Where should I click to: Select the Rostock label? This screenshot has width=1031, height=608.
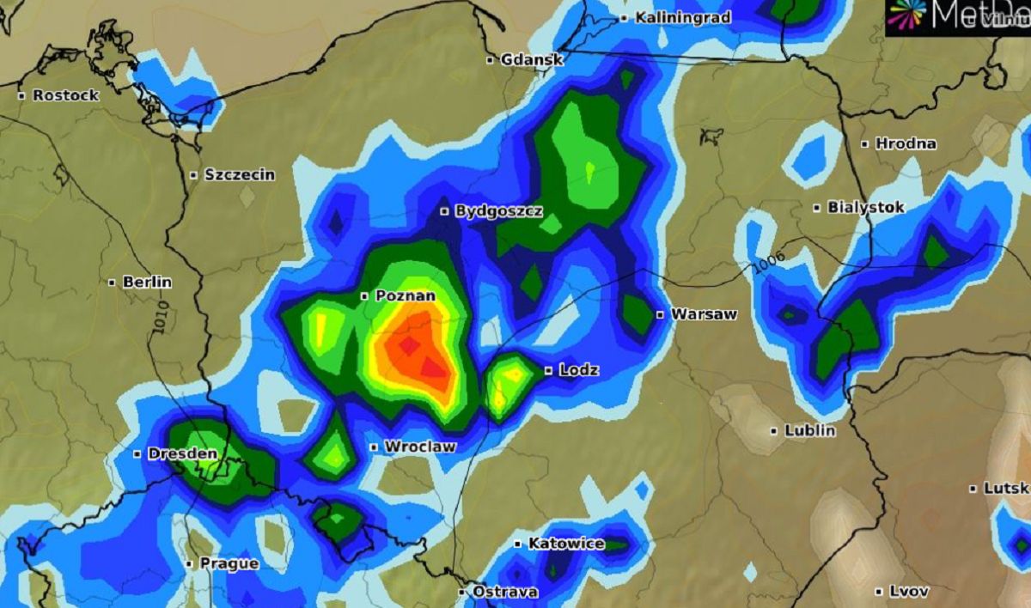(65, 95)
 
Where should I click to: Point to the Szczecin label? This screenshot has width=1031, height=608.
(239, 175)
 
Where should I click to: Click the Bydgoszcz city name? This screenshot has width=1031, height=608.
(498, 211)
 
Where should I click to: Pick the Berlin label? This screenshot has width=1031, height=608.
(147, 282)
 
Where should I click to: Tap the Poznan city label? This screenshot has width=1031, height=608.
(405, 296)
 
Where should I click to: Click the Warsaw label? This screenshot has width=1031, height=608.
(704, 314)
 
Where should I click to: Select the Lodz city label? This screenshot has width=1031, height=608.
(578, 371)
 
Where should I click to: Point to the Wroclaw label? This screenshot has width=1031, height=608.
(419, 447)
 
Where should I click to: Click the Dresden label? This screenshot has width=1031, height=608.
(182, 453)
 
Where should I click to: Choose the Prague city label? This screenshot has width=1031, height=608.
(229, 564)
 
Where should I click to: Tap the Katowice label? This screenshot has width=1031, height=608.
(565, 544)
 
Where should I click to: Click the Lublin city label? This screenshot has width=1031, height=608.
(809, 431)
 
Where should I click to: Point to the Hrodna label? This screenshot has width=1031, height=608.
(905, 144)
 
